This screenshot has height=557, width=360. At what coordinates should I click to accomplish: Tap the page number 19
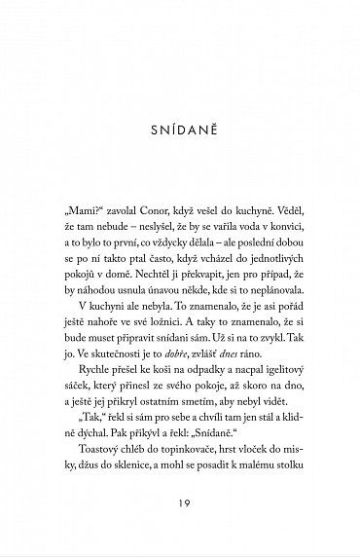180,509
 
